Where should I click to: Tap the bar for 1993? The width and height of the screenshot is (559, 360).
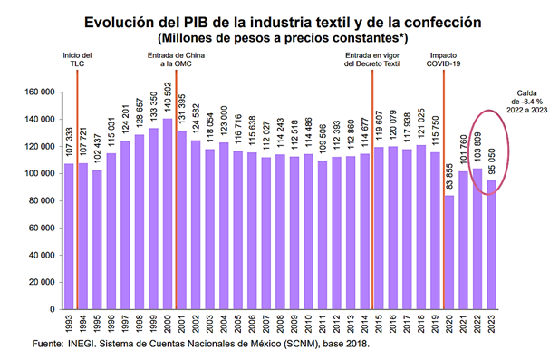pos(69,236)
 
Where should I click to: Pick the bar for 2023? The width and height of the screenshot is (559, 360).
pos(490,244)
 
